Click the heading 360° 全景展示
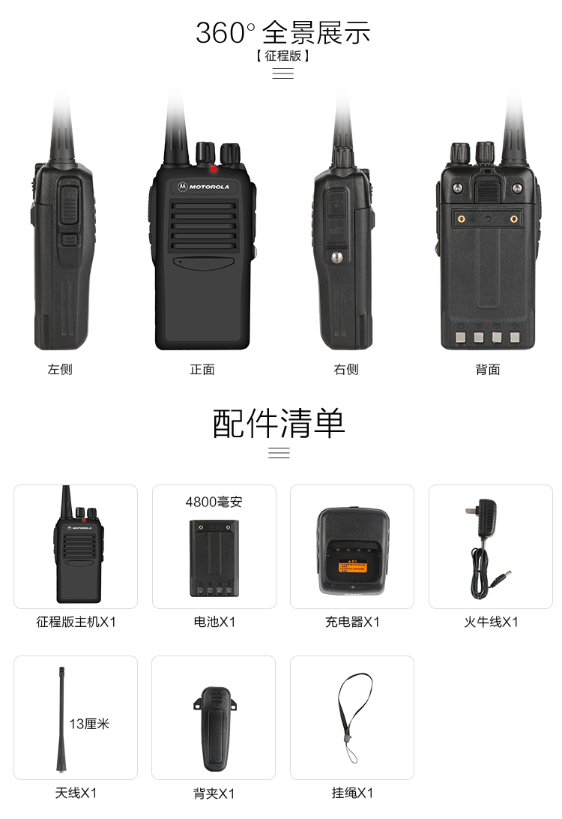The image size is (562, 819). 282,33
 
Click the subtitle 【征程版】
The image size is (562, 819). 282,56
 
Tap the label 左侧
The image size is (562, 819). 60,369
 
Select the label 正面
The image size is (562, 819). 202,369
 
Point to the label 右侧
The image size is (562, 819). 346,369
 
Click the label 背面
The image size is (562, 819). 488,369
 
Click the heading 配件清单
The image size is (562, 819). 279,423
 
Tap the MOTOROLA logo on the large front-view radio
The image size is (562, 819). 204,187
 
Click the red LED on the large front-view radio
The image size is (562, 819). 214,169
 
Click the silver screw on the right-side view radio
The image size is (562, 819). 338,256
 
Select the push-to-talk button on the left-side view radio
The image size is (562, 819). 68,205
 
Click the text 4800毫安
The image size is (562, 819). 214,502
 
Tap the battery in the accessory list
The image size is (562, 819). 214,558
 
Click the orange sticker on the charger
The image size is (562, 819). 353,566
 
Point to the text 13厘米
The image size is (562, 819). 89,724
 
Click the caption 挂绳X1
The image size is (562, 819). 353,793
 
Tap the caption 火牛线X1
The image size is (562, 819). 491,622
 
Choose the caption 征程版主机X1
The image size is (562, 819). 76,622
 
